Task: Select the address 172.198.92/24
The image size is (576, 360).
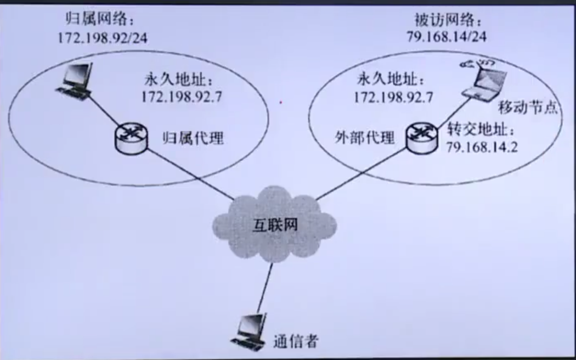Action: [103, 38]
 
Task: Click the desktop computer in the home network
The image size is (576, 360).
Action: [75, 81]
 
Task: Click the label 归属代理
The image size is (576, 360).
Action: [194, 137]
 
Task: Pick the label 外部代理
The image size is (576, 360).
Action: [365, 137]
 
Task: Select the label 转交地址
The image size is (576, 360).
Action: [480, 131]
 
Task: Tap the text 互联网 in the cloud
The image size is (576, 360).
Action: [275, 224]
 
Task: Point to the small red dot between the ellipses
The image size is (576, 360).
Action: [281, 102]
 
